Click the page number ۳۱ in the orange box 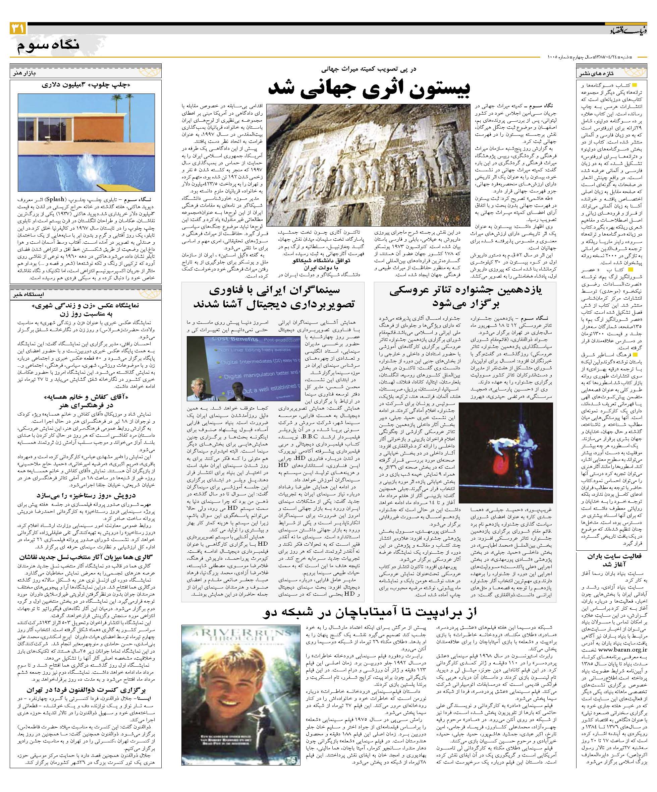(18, 28)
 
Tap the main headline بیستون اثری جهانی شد (368, 88)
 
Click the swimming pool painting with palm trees (87, 142)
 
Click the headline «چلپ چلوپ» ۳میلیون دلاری (87, 85)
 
